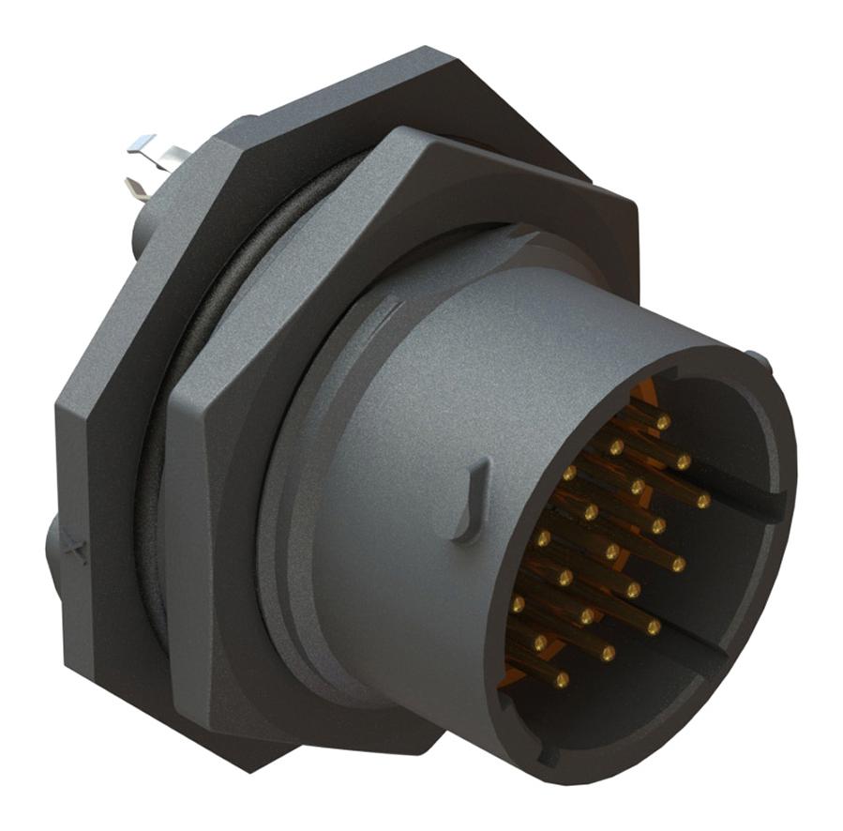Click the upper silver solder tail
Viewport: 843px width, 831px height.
click(x=143, y=145)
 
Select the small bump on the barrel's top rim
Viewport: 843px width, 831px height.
click(x=758, y=362)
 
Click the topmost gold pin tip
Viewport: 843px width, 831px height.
click(x=663, y=423)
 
